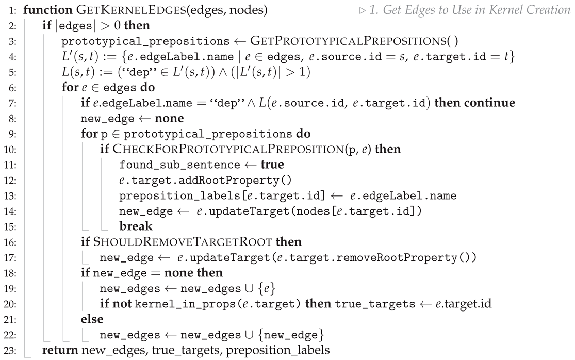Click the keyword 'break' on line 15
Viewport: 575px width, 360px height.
[136, 226]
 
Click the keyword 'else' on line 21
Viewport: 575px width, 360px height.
[92, 319]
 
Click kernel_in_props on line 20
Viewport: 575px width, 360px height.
[174, 304]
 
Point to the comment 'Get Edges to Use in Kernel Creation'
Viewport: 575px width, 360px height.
[472, 10]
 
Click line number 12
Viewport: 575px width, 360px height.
[11, 180]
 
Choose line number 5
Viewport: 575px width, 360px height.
[11, 72]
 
